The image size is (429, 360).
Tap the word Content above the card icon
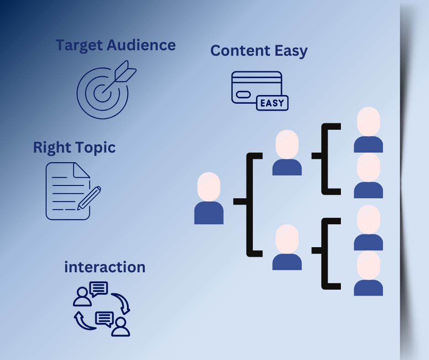tap(239, 51)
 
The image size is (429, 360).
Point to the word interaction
tap(105, 267)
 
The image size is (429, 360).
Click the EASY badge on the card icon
tap(272, 103)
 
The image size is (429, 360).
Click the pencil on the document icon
tap(90, 197)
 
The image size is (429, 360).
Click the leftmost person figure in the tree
tap(209, 198)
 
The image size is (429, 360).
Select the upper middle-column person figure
tap(287, 153)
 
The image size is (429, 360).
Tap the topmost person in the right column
tap(368, 130)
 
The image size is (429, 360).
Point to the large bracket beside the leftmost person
tap(251, 204)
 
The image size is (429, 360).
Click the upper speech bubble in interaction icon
tap(99, 289)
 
